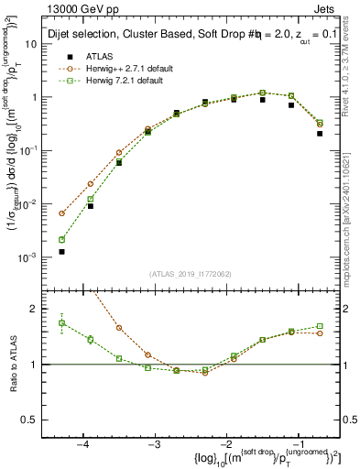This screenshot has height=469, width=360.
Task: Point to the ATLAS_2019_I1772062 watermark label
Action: (x=191, y=274)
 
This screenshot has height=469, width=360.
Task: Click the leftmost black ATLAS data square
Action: (x=62, y=251)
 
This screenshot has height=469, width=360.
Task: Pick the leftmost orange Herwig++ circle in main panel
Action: (x=62, y=213)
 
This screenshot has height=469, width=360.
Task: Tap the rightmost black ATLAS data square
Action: (x=320, y=134)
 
